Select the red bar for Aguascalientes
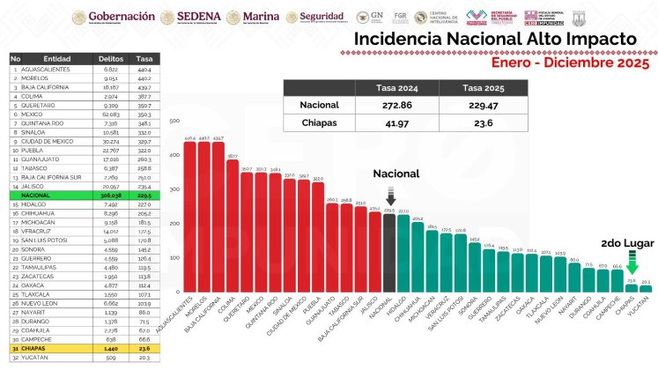[190, 217]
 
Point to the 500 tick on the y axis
[174, 122]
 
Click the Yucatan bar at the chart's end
[646, 288]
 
